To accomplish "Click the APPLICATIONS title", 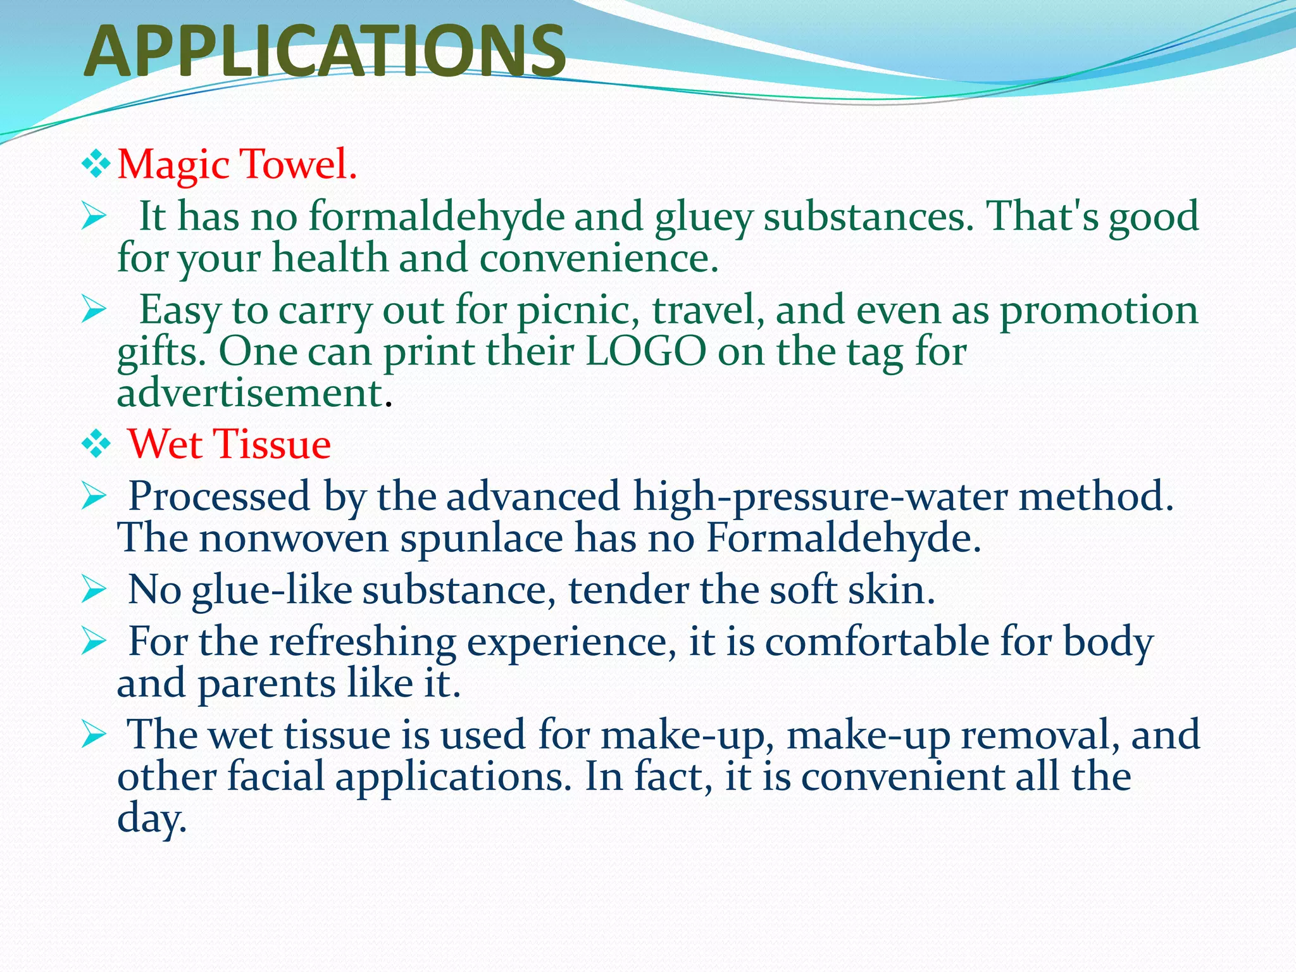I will click(325, 52).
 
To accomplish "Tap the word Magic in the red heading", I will click(173, 164).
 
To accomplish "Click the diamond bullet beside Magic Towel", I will click(96, 164).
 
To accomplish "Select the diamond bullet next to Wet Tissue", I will click(96, 444).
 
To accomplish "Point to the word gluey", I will click(703, 217).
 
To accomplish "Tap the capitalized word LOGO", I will click(645, 351).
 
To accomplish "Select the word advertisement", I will click(251, 393).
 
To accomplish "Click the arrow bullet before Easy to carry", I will click(94, 310).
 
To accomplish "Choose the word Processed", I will click(219, 496).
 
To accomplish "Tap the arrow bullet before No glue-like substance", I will click(94, 590).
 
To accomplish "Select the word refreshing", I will click(363, 642).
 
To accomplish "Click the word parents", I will click(266, 684).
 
